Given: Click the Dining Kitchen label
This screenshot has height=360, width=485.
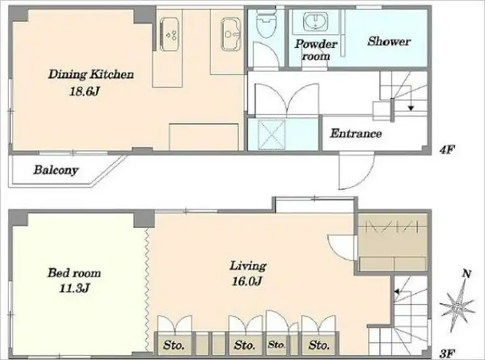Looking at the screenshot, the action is coord(91,75).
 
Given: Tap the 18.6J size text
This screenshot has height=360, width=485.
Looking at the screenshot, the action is coord(84,91).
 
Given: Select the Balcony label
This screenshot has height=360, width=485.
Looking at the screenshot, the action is coord(56,170).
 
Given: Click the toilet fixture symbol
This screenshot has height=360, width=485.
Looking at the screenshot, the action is coord(266,24).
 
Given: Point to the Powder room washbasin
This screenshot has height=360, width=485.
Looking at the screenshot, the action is coord(316,20).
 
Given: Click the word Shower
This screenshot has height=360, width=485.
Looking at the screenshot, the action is coord(389,41).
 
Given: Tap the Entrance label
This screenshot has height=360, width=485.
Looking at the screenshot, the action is coord(356,134).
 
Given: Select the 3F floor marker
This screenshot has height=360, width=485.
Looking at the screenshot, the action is coord(447,353).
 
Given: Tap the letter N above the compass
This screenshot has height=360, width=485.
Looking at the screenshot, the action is coord(467,273).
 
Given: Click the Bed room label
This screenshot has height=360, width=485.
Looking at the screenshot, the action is coord(74,273).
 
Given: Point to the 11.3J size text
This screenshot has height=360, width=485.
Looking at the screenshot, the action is coord(74,289).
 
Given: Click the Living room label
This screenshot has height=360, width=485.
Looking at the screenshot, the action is coord(248,266).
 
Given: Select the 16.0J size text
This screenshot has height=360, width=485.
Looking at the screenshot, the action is coord(247,281).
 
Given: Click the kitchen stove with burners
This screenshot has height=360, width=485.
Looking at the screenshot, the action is coord(169,34).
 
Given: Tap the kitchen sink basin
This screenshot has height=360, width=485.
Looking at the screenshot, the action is coord(231,33).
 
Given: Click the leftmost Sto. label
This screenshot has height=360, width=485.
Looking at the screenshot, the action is coord(174,345).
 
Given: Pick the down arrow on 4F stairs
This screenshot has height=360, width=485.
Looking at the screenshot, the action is coord(411,108).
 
